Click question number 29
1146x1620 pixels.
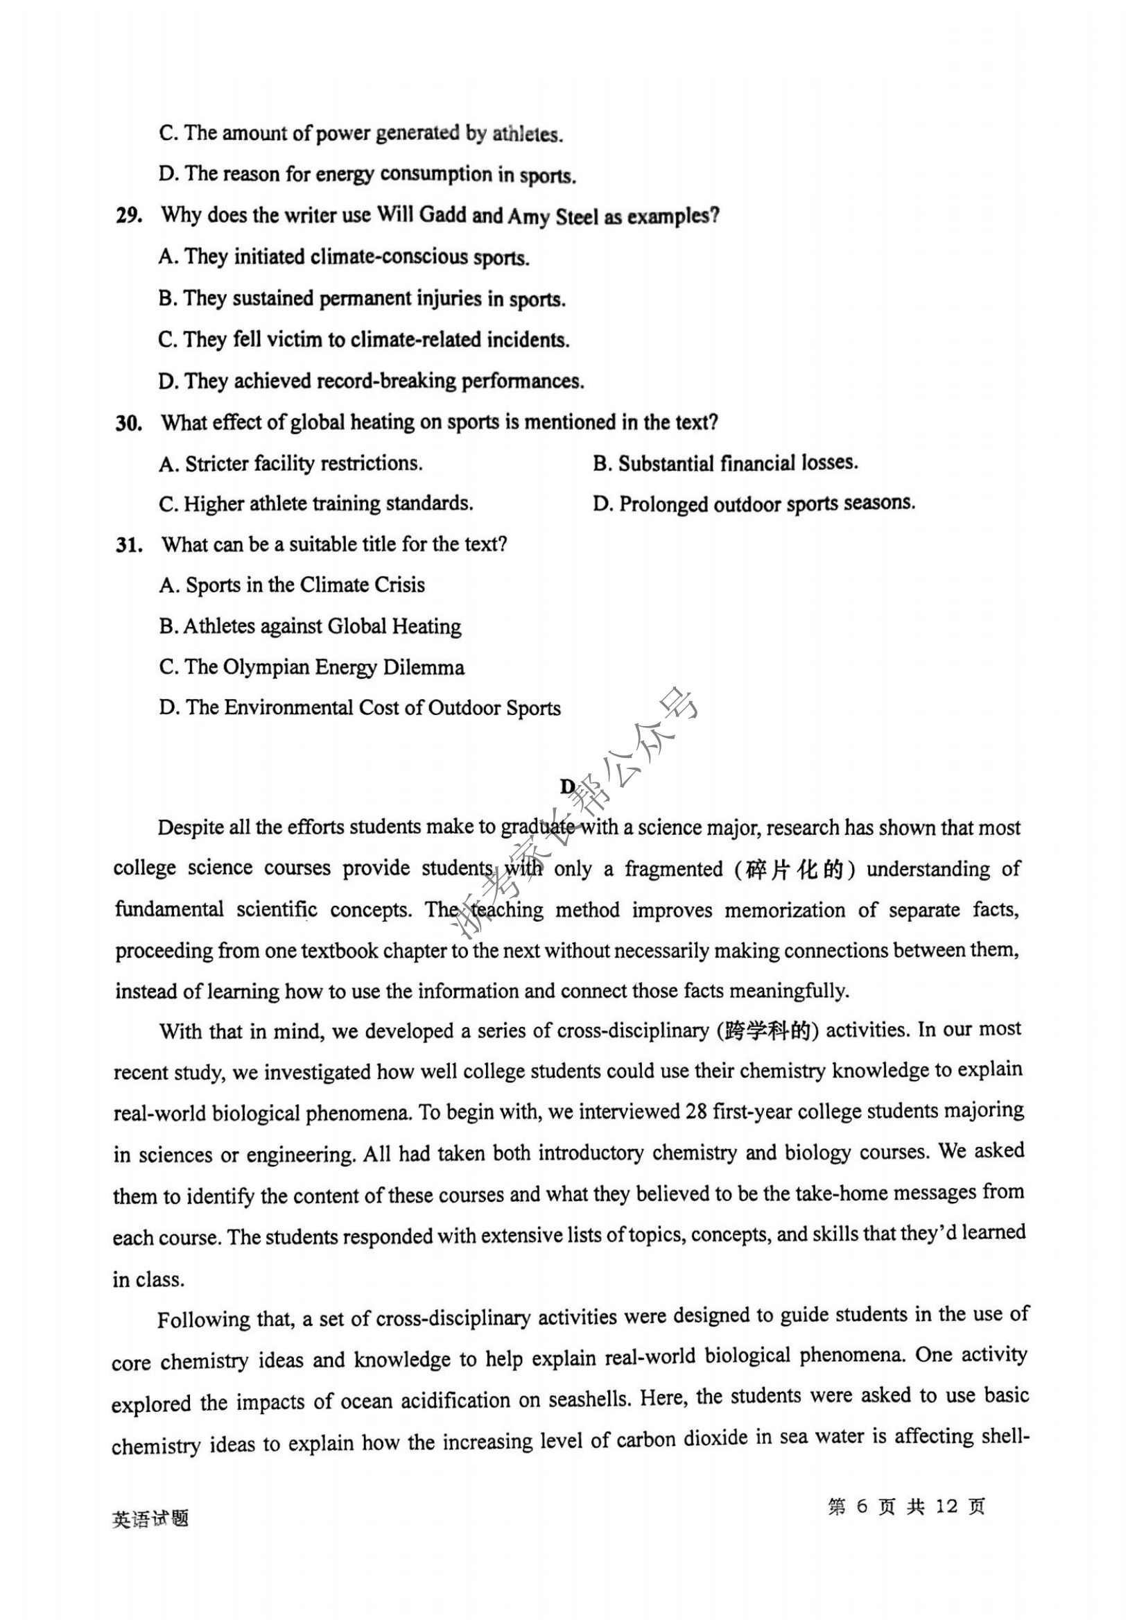pyautogui.click(x=129, y=216)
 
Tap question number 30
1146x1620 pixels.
pyautogui.click(x=129, y=424)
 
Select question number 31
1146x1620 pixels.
pyautogui.click(x=129, y=546)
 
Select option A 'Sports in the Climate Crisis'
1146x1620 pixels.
pyautogui.click(x=292, y=585)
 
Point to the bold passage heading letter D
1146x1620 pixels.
pyautogui.click(x=567, y=786)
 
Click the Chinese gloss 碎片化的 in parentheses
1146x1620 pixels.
pyautogui.click(x=794, y=870)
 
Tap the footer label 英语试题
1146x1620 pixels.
pyautogui.click(x=150, y=1518)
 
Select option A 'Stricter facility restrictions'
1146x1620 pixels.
pyautogui.click(x=290, y=464)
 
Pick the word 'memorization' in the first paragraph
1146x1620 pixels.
pyautogui.click(x=785, y=910)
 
